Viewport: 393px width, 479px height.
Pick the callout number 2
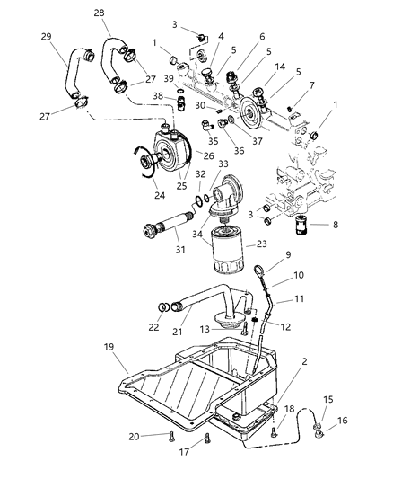pyautogui.click(x=285, y=360)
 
